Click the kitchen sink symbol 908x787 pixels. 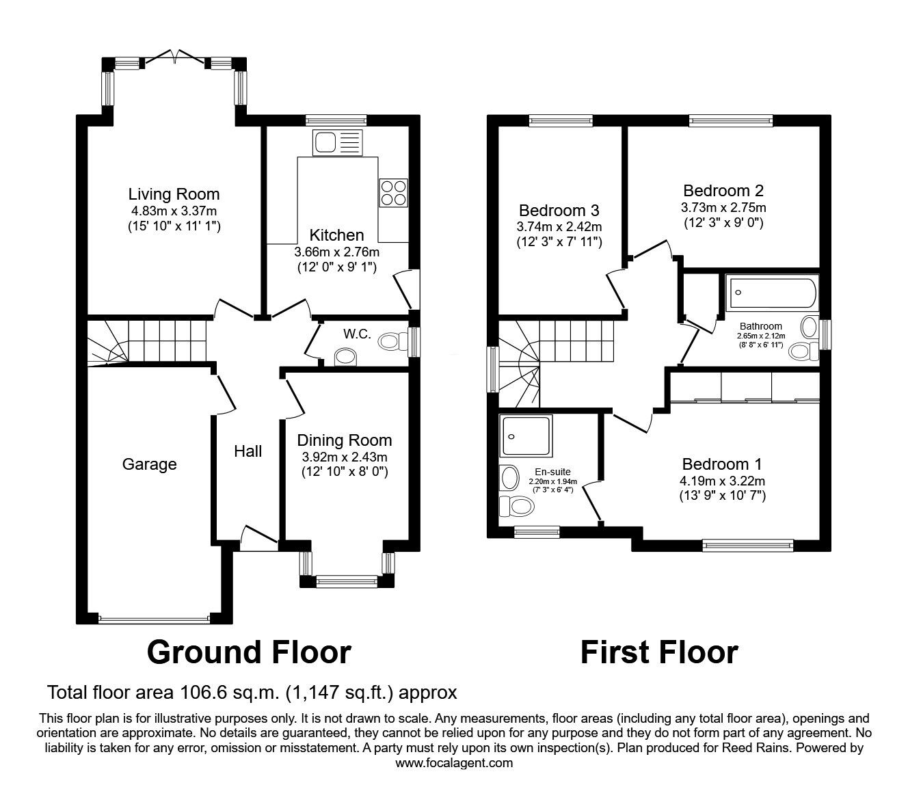336,142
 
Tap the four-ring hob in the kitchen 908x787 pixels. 393,192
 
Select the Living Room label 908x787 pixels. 174,195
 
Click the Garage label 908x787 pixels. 149,465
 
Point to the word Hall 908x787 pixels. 248,451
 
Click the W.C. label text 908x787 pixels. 357,334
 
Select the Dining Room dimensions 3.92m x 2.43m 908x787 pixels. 344,457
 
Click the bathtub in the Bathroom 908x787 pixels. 771,293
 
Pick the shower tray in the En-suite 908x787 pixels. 524,436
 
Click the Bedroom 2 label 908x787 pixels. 723,191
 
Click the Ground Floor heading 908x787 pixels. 249,652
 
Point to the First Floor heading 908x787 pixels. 659,652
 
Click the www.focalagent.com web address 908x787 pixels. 454,763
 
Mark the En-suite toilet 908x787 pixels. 517,507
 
